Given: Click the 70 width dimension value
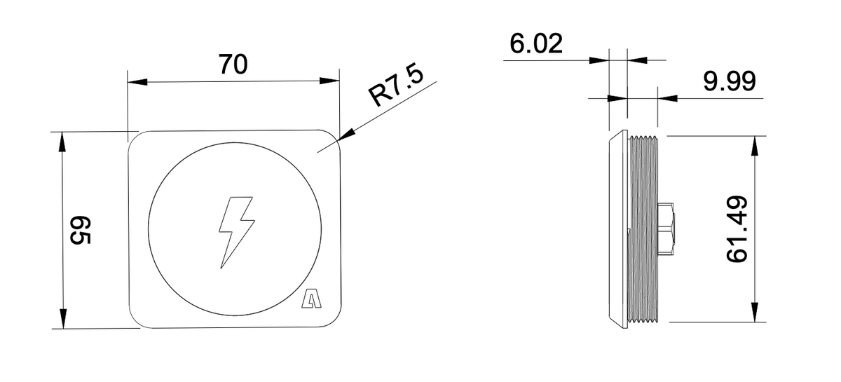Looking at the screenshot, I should (233, 64).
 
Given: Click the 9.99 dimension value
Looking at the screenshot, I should (729, 83).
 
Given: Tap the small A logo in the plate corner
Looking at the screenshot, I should (309, 299).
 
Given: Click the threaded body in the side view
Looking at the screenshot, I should (643, 229).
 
